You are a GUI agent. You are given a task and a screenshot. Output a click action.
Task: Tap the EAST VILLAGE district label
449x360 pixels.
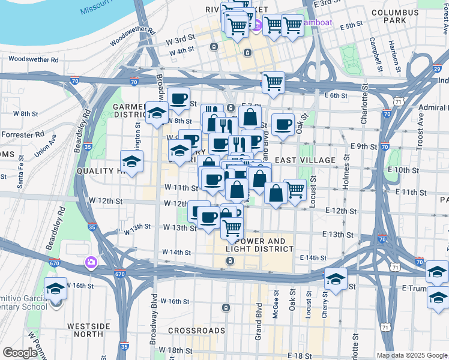click(x=305, y=160)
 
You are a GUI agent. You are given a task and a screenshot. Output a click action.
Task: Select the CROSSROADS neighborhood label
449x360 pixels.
click(x=196, y=331)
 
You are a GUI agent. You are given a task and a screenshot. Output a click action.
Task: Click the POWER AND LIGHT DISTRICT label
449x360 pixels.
click(x=259, y=245)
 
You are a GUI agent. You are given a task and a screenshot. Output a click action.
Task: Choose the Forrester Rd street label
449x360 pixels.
click(x=22, y=134)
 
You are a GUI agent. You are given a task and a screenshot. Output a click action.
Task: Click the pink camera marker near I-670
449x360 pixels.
click(x=91, y=262)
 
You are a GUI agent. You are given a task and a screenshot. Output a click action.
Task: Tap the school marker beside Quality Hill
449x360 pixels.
click(x=131, y=161)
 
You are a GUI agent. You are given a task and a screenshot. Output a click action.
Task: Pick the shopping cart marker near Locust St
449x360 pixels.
click(x=294, y=190)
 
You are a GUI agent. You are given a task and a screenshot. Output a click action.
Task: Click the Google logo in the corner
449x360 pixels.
click(x=20, y=353)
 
